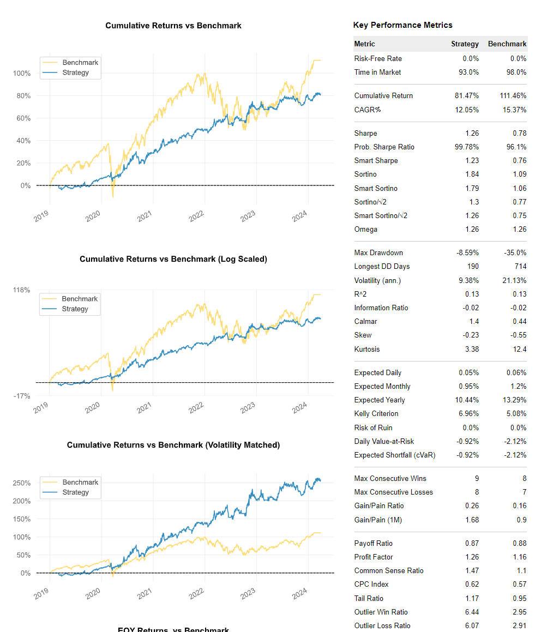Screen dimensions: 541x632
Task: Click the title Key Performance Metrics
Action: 402,25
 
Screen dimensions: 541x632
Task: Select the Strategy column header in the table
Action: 465,44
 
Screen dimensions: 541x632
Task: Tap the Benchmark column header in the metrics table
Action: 507,44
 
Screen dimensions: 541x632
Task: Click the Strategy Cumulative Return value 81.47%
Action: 467,95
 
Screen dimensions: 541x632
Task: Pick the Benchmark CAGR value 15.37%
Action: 514,110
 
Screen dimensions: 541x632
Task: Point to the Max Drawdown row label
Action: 378,252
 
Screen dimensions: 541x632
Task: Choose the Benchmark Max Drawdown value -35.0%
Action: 515,252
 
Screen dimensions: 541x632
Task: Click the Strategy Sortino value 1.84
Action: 472,174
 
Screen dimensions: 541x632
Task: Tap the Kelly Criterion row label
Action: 376,413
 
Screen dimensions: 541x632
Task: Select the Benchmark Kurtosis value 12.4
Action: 520,349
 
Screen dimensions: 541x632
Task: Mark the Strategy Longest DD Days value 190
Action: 473,267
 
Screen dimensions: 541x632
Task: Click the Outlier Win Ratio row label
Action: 381,612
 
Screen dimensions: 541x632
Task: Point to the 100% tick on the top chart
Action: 22,74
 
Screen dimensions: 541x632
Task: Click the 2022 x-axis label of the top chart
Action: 196,216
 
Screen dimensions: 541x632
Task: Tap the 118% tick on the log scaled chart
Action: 21,290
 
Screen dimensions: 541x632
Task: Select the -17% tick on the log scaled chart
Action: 22,396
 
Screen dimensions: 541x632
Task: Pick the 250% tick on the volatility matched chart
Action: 22,483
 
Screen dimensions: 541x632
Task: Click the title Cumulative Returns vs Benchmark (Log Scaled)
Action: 173,259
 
